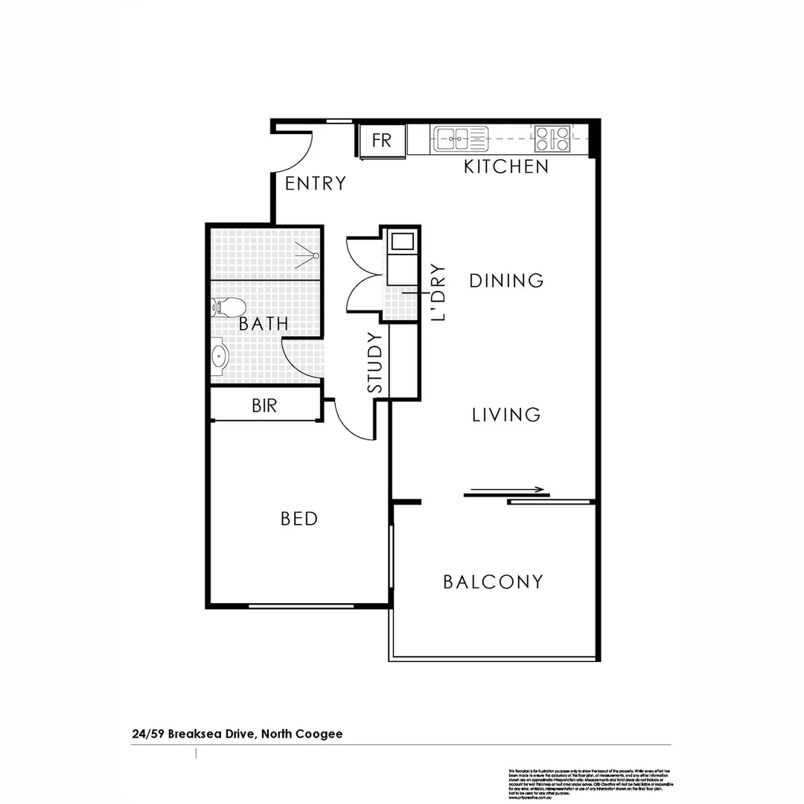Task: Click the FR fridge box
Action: [382, 141]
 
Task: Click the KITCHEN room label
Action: [506, 167]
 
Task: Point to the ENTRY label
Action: [316, 183]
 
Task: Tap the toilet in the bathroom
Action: [223, 306]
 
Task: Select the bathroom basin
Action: [219, 356]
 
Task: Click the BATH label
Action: [264, 325]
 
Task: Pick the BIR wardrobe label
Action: [264, 406]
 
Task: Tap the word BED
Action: [299, 519]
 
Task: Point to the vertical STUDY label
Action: [376, 363]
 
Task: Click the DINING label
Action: [506, 281]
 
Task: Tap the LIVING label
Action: [506, 415]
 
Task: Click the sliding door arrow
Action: [506, 491]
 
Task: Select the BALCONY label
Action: [493, 581]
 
